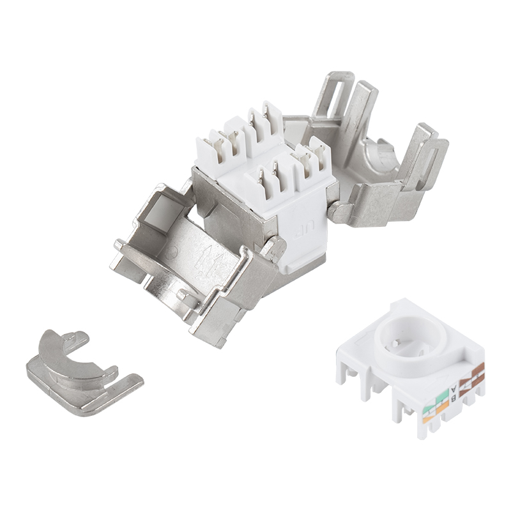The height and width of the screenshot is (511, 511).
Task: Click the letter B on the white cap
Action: (454, 399)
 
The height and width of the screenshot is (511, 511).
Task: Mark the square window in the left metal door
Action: (160, 211)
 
